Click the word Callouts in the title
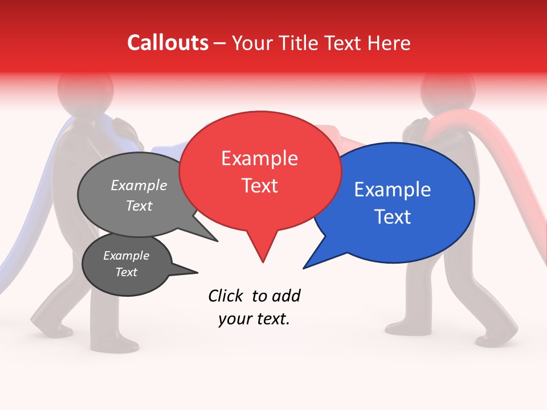pyautogui.click(x=168, y=43)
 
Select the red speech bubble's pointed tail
pyautogui.click(x=262, y=253)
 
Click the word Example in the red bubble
pyautogui.click(x=259, y=158)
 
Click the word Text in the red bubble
pyautogui.click(x=259, y=186)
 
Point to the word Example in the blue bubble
pyautogui.click(x=393, y=190)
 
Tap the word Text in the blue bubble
pyautogui.click(x=393, y=217)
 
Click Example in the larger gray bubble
pyautogui.click(x=139, y=186)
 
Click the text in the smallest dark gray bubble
pyautogui.click(x=126, y=264)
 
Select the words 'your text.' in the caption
pyautogui.click(x=254, y=319)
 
